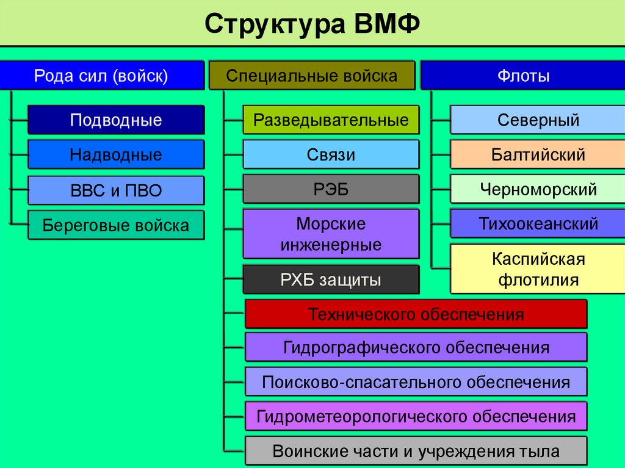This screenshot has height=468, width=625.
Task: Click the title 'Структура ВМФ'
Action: pos(312,24)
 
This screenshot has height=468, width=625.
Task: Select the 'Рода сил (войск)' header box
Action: pos(101,76)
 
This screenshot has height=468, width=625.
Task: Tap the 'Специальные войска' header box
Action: pos(312,76)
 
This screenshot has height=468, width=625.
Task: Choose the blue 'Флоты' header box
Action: pos(523,76)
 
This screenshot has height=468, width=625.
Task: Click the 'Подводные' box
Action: pos(116,120)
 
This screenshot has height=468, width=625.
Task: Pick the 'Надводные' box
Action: pos(116,154)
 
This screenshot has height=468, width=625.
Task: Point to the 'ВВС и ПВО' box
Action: pos(116,190)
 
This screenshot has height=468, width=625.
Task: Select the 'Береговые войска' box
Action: pos(116,225)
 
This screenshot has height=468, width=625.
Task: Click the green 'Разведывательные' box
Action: pos(331,120)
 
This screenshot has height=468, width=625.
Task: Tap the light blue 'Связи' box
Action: pos(331,154)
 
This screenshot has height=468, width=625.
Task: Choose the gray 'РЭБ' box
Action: pos(331,189)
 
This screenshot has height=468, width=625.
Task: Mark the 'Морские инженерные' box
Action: pos(331,234)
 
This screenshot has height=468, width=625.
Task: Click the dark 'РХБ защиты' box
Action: pos(331,280)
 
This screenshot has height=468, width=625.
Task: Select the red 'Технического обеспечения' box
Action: pos(416,314)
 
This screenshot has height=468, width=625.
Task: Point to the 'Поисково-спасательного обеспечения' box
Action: pos(416,383)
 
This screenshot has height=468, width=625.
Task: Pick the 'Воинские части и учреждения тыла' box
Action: pos(416,452)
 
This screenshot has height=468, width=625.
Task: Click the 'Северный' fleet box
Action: pos(538,120)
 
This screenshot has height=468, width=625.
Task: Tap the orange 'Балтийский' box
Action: pos(538,154)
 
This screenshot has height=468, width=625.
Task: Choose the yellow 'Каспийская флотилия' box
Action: pos(538,269)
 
